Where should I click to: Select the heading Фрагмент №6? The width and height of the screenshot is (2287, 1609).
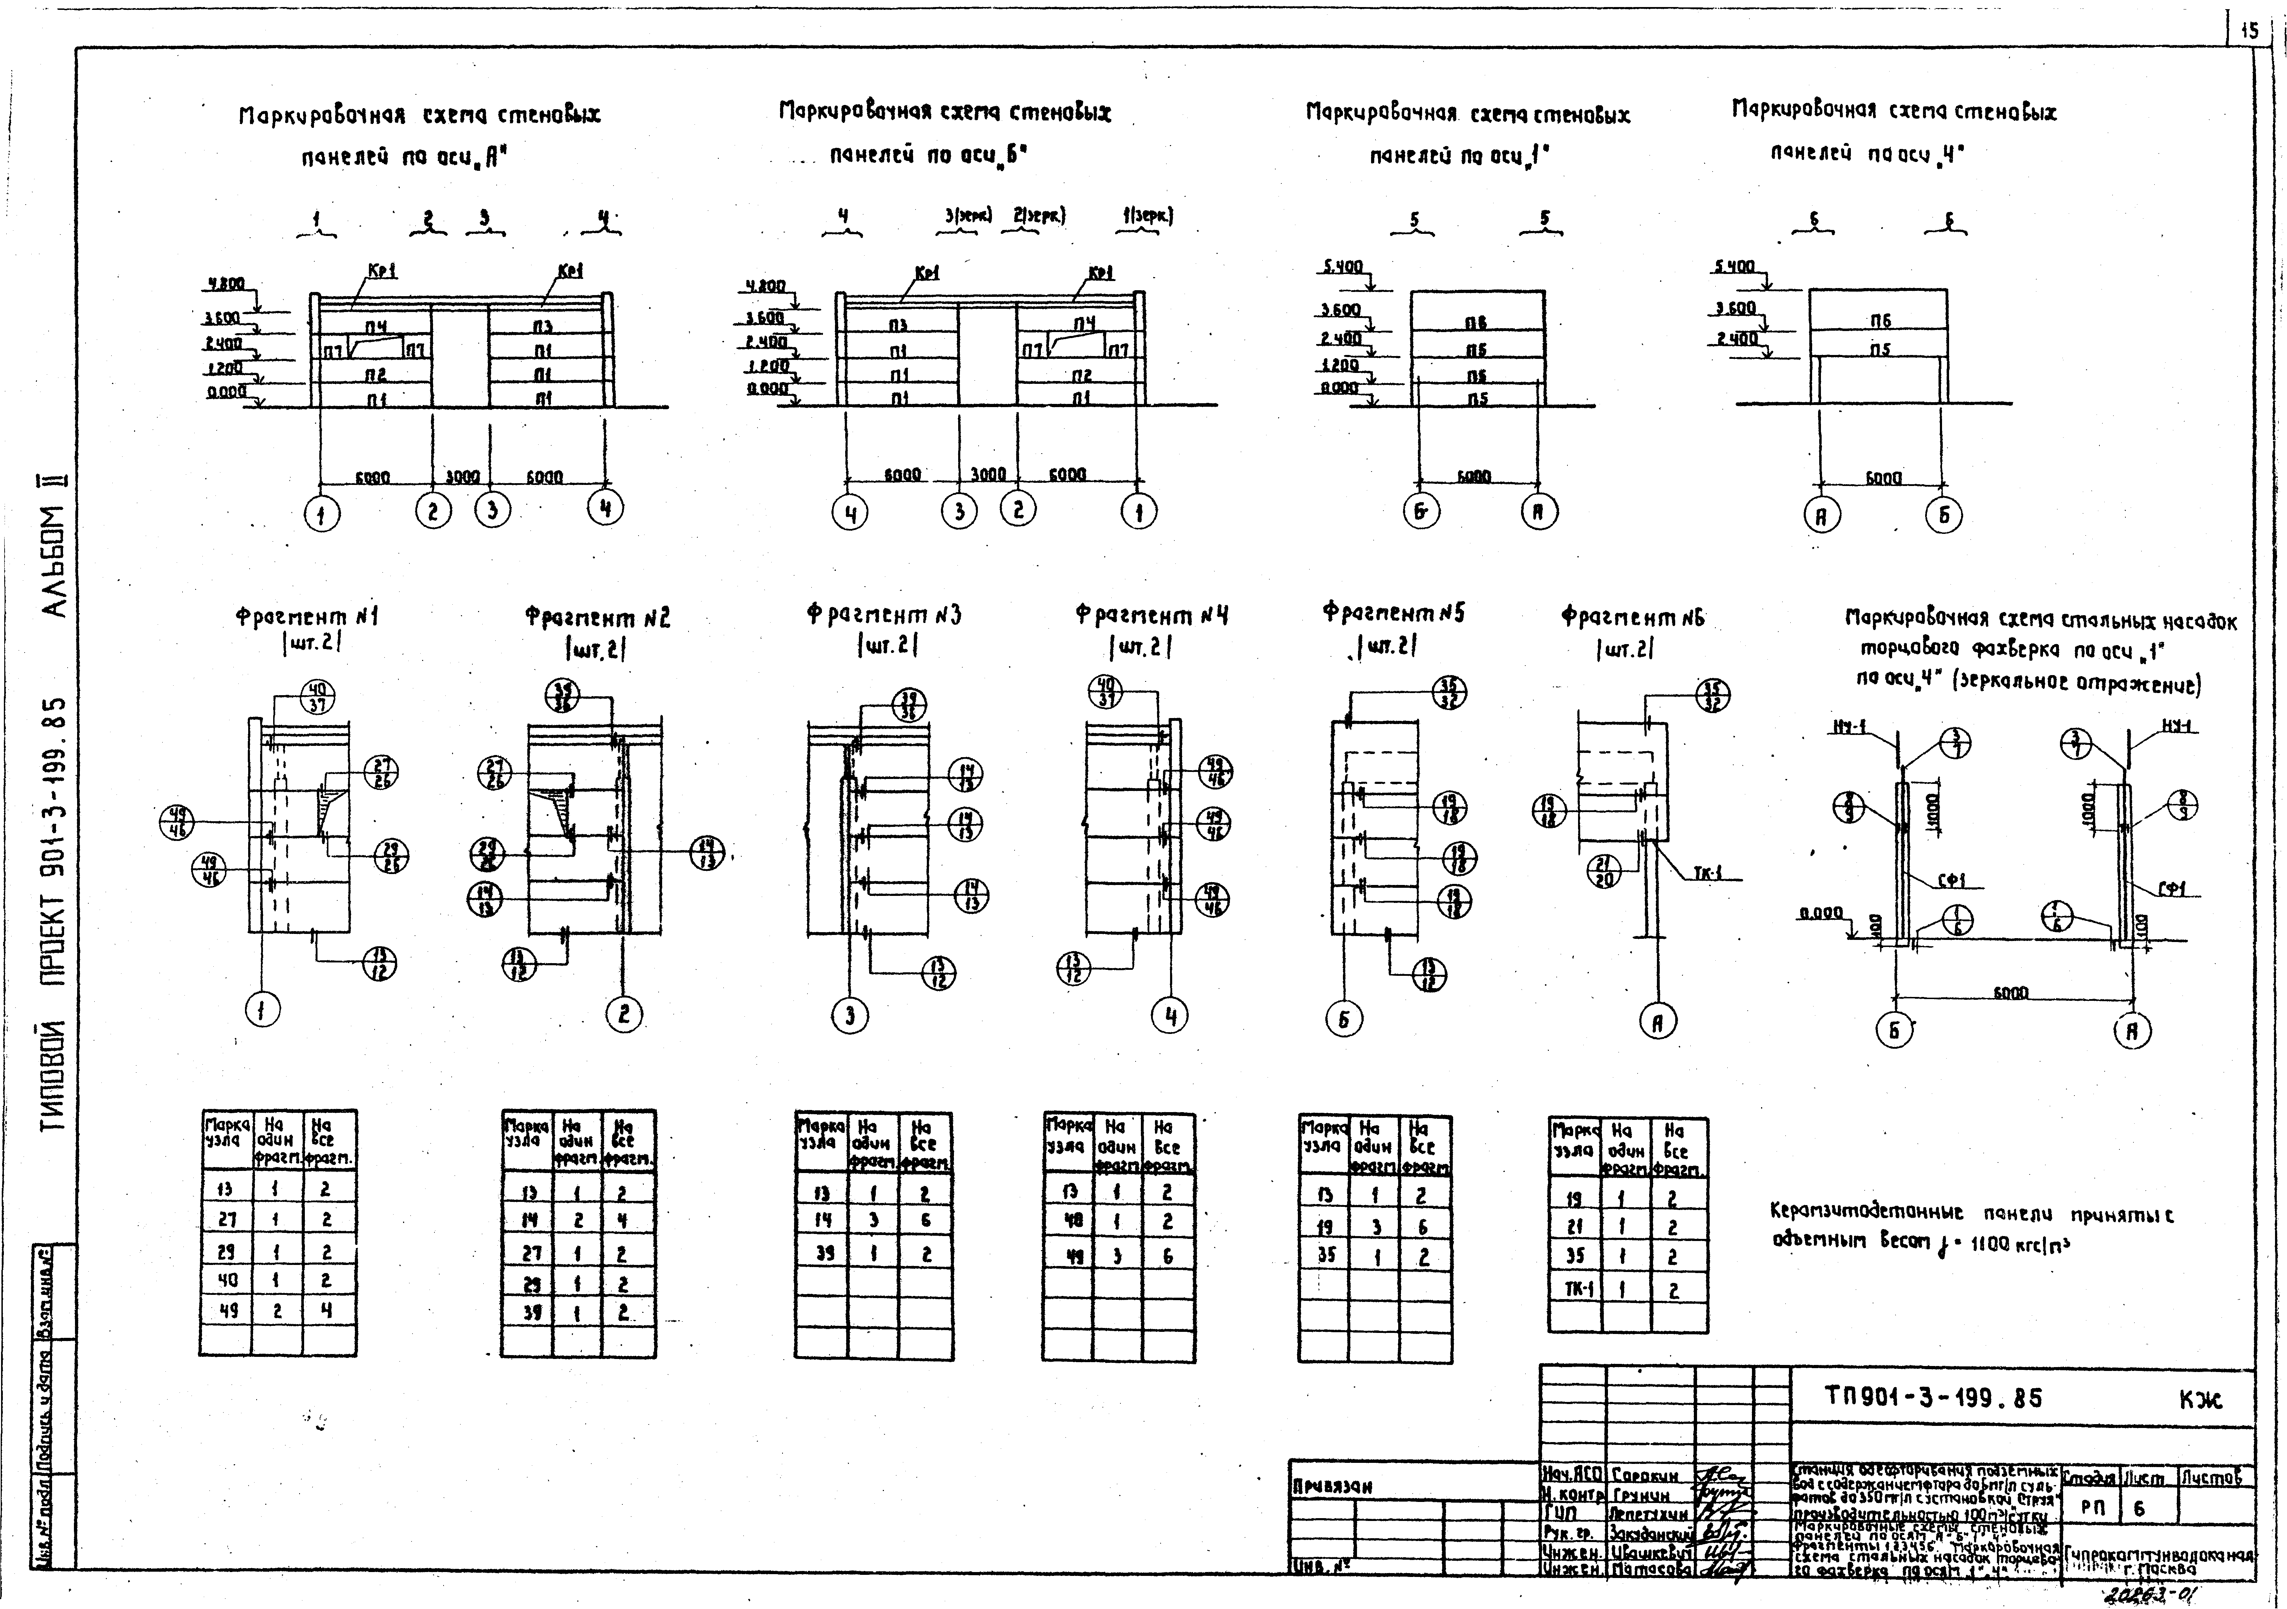1633,618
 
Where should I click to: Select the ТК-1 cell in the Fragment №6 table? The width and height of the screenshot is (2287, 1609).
1575,1289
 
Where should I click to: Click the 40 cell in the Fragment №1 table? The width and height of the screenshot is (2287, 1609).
226,1280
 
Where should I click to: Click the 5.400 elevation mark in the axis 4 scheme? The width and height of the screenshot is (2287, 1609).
1734,267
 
